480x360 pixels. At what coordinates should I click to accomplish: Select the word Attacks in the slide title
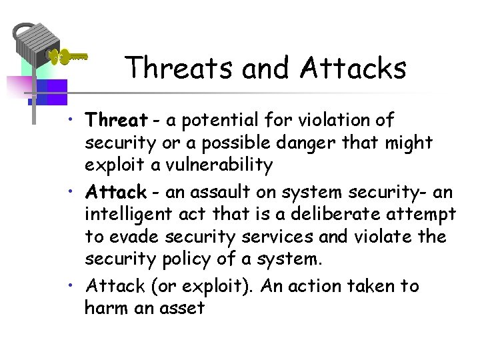pyautogui.click(x=353, y=67)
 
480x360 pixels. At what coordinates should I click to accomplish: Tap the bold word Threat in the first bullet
pyautogui.click(x=116, y=121)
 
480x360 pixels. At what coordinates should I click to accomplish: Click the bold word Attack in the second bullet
pyautogui.click(x=115, y=193)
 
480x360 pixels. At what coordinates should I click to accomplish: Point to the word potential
pyautogui.click(x=207, y=121)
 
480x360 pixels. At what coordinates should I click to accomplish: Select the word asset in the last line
pyautogui.click(x=181, y=309)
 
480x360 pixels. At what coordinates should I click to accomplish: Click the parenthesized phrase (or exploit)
pyautogui.click(x=202, y=287)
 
